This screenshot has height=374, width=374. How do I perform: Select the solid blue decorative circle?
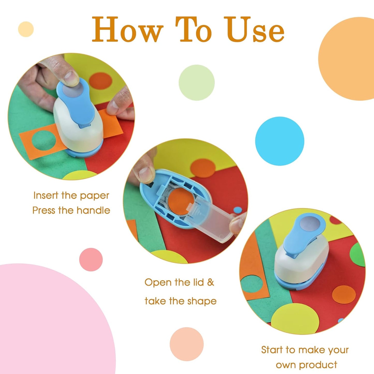280,141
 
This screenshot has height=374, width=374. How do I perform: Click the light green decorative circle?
196,83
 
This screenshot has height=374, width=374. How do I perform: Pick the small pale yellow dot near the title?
26,29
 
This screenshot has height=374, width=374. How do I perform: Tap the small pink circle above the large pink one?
91,259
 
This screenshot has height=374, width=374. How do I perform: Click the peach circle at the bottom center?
187,344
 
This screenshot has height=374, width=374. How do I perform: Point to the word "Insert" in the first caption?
46,195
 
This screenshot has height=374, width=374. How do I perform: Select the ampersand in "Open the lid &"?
211,282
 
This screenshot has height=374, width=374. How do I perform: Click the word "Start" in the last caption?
272,350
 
